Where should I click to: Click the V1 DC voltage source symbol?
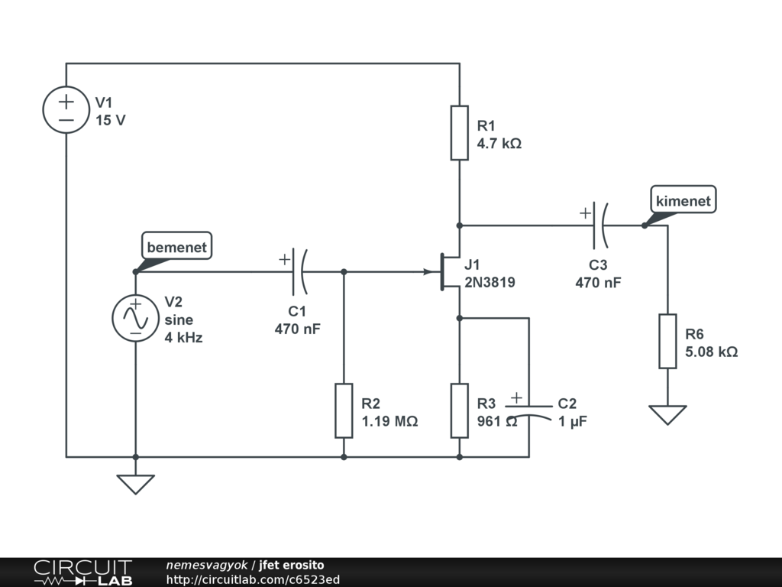pos(66,109)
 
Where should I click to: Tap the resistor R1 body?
pos(459,133)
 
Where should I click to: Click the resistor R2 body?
pos(344,411)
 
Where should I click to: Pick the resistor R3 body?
pos(459,411)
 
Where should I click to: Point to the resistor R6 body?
pos(667,341)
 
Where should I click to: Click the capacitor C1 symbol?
pos(299,271)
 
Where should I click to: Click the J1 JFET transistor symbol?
pos(447,272)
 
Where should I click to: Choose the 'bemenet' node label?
pos(176,247)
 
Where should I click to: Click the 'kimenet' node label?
pos(683,201)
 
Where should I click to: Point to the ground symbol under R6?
pos(667,414)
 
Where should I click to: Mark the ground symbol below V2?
pos(135,484)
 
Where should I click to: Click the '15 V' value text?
pos(111,120)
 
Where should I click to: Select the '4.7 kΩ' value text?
pos(499,143)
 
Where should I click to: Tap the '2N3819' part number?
pos(490,282)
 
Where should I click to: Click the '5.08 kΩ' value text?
pos(711,352)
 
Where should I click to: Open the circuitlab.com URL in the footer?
pos(252,580)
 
